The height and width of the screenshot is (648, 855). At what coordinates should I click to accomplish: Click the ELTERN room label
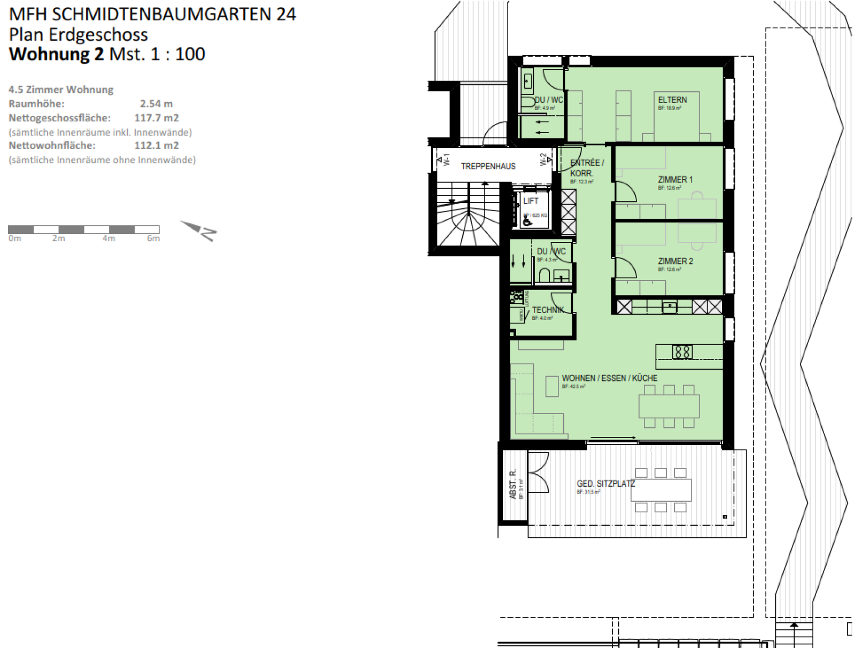[x=672, y=100]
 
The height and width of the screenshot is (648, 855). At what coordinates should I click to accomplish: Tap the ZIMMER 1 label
[x=675, y=179]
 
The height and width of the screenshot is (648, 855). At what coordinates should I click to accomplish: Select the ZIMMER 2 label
[x=675, y=261]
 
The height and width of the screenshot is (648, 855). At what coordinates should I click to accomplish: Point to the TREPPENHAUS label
[x=488, y=166]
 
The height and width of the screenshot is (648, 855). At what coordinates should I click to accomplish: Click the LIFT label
[x=531, y=201]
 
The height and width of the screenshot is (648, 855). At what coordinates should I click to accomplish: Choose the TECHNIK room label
[x=548, y=310]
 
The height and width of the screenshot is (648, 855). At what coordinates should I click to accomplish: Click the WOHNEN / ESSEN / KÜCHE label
[x=609, y=378]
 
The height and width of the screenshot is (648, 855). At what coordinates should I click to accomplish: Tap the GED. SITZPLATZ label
[x=605, y=483]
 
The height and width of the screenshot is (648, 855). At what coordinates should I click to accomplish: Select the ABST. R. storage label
[x=513, y=484]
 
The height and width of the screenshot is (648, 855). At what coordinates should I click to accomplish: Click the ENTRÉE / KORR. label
[x=586, y=168]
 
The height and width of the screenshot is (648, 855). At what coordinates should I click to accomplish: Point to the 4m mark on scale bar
[x=108, y=239]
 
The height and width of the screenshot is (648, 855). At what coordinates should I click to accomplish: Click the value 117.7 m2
[x=156, y=118]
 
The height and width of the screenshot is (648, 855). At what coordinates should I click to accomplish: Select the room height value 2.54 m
[x=156, y=104]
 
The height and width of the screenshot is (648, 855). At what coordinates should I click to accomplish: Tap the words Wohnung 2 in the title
[x=57, y=54]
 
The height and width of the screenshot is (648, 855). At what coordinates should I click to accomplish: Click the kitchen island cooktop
[x=682, y=352]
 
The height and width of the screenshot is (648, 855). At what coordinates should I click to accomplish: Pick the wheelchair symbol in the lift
[x=526, y=220]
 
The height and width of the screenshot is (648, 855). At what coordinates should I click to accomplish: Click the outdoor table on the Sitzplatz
[x=660, y=489]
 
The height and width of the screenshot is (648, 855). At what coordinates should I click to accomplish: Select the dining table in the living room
[x=669, y=406]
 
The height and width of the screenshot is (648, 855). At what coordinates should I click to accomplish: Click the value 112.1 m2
[x=156, y=145]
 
